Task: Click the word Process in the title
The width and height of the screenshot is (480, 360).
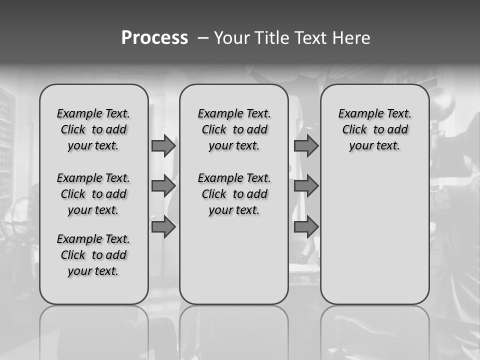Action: point(154,38)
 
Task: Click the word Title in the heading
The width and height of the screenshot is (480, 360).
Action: point(273,38)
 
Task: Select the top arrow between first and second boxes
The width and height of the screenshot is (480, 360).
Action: point(163,145)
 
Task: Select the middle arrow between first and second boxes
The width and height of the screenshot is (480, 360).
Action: point(163,186)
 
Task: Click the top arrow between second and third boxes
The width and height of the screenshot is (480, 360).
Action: point(306,145)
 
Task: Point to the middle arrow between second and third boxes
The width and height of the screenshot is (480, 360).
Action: point(306,186)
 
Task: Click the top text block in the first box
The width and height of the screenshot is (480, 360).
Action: point(93,129)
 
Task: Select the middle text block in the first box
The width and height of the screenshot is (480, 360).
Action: point(93,194)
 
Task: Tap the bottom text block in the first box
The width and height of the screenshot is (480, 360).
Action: point(93,255)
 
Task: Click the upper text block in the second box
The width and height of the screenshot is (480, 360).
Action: point(234,129)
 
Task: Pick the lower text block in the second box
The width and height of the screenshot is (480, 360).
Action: point(234,194)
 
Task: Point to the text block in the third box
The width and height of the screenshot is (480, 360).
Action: point(374,129)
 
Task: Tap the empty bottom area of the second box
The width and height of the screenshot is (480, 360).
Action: point(234,265)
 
